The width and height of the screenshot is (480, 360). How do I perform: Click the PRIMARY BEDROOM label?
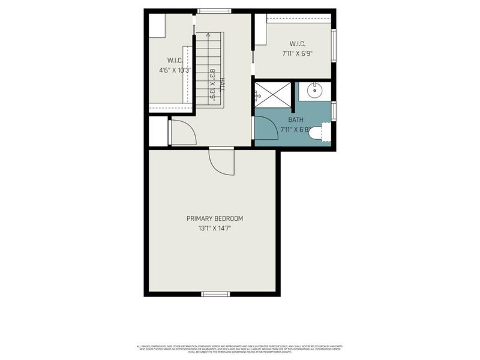[x=214, y=218]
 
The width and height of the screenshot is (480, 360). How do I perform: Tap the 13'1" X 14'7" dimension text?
[x=214, y=228]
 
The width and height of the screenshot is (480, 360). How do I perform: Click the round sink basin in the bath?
[x=315, y=91]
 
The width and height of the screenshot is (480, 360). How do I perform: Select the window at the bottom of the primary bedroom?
[x=215, y=294]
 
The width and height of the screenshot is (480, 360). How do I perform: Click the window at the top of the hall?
[x=214, y=10]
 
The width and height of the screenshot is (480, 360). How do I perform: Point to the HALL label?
[x=223, y=85]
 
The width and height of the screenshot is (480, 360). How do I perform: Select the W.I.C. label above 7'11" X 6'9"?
[x=297, y=44]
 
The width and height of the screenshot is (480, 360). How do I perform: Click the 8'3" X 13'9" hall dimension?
[x=212, y=85]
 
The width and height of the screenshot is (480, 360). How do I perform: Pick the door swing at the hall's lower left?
[x=182, y=133]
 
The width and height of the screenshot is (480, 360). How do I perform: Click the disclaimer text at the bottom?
[x=240, y=349]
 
